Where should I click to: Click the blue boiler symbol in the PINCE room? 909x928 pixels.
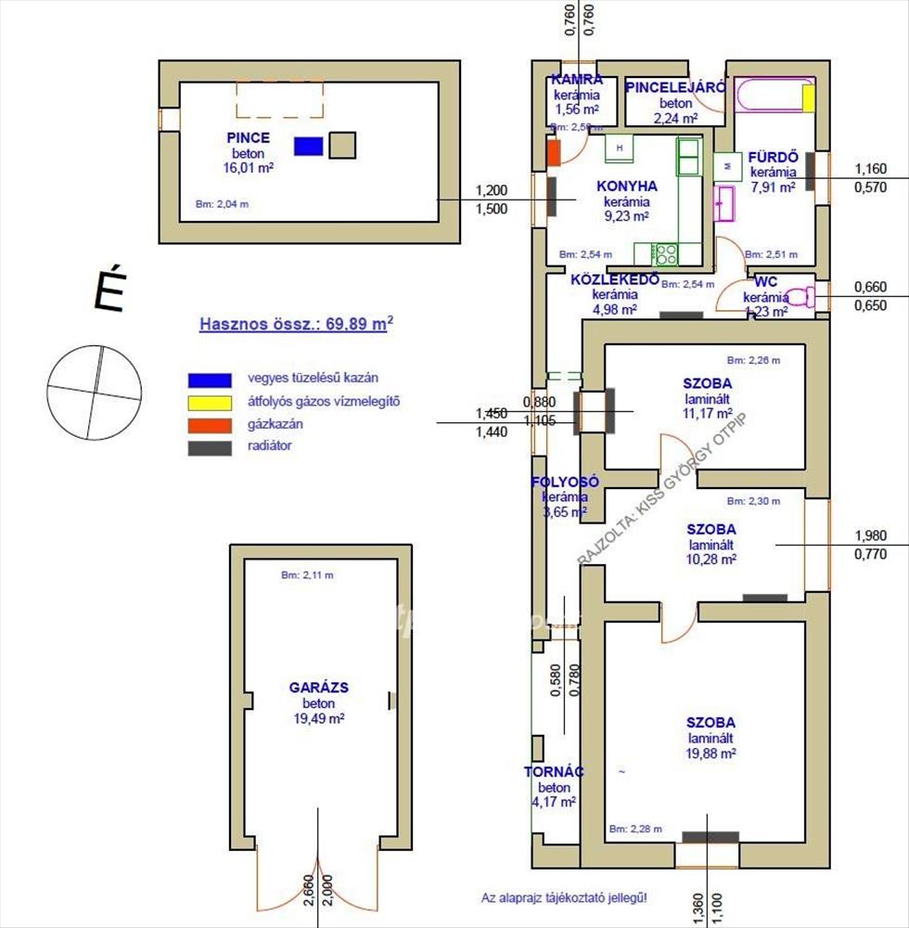click(308, 146)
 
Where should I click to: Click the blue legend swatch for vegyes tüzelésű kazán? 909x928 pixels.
click(209, 379)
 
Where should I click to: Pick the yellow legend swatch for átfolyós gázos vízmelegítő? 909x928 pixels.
click(209, 402)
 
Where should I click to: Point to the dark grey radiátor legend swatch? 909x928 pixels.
click(209, 446)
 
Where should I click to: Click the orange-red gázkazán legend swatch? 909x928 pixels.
click(209, 424)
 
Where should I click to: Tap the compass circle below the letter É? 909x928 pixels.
click(96, 389)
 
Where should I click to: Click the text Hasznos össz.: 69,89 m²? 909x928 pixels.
click(296, 324)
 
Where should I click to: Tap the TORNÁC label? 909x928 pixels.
click(554, 771)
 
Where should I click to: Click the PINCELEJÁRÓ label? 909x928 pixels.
click(675, 87)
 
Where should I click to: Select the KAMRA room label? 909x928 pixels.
click(576, 80)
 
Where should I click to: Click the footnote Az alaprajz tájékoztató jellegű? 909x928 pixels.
click(564, 897)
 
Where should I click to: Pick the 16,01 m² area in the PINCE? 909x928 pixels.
click(248, 169)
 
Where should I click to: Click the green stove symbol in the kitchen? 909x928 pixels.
click(663, 253)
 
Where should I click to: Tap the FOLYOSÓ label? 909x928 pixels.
click(565, 482)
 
